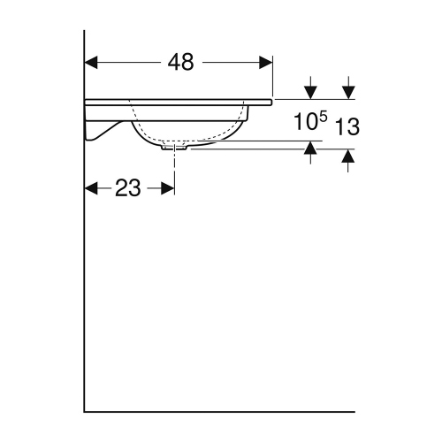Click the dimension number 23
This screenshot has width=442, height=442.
pos(128,188)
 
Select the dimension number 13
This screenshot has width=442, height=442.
pos(347,126)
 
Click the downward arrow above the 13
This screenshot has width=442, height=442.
pos(348,92)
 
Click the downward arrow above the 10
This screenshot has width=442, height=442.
pos(310,92)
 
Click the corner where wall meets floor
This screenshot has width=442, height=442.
pos(85,411)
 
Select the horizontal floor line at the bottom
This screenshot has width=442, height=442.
pos(221,411)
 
